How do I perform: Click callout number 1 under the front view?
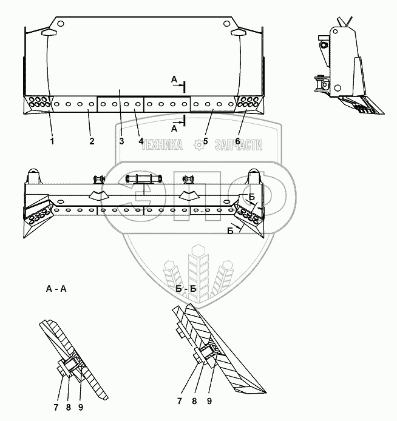(52, 141)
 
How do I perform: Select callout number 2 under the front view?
(91, 141)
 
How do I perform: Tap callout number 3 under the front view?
(121, 141)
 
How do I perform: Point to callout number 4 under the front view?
(140, 141)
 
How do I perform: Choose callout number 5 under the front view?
(206, 141)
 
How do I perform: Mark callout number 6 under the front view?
(238, 141)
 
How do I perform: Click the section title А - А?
(56, 289)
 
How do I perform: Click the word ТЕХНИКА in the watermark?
(161, 146)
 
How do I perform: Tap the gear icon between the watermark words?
(198, 145)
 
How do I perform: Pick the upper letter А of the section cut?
(174, 80)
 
